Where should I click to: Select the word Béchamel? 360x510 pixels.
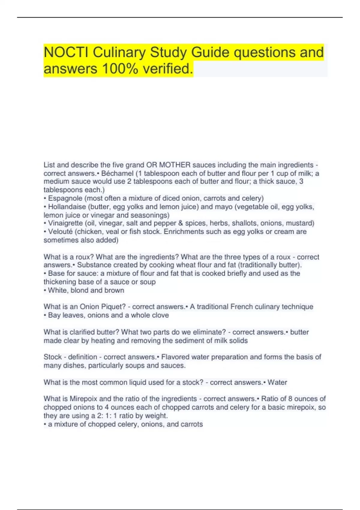coord(117,173)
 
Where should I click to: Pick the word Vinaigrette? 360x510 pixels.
coord(65,223)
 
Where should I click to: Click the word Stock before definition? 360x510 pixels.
coord(53,357)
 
